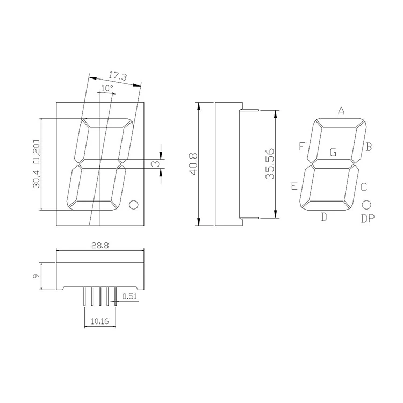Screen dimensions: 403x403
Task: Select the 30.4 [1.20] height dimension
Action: (36, 164)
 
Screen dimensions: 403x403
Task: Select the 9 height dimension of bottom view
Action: (35, 276)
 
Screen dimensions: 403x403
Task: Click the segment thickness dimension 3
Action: (154, 164)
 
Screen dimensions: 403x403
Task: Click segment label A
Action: (341, 111)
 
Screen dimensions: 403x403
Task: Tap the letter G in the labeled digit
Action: (333, 153)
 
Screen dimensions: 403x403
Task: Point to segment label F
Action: (302, 147)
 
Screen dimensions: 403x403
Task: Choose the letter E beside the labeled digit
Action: (294, 186)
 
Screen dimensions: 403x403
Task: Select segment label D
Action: (323, 217)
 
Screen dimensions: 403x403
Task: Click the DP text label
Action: (368, 219)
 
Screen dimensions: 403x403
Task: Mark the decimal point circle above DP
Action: (367, 205)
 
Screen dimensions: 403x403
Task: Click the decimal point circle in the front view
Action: (134, 204)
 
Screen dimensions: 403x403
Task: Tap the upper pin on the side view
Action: (249, 111)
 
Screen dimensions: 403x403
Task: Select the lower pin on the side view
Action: (249, 218)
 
